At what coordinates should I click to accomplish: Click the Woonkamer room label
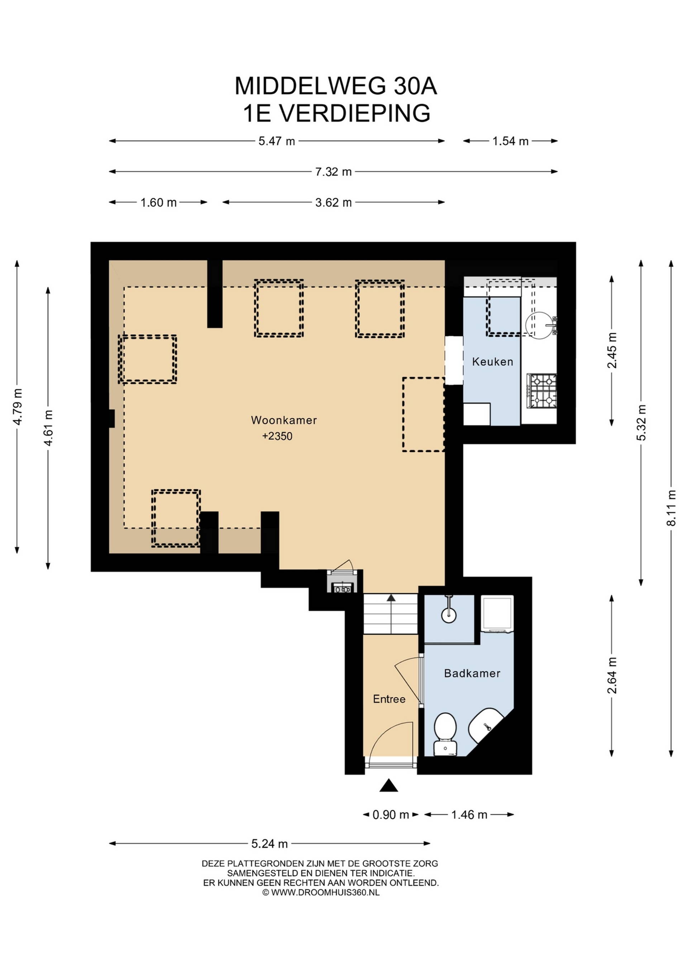point(284,420)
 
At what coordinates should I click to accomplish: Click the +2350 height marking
point(277,436)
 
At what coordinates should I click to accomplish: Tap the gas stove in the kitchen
point(541,391)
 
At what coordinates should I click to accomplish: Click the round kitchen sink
point(540,326)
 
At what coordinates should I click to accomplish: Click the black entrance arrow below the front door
point(388,785)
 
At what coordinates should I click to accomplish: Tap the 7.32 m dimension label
point(333,172)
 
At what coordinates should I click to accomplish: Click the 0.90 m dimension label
point(391,814)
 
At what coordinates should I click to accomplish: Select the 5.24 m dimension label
point(269,844)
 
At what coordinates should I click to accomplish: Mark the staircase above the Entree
point(391,614)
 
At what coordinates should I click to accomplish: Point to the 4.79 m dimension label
point(17,406)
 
